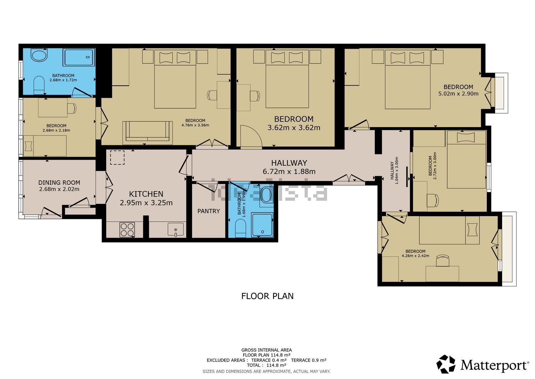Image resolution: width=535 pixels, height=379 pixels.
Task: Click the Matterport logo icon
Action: click(446, 364)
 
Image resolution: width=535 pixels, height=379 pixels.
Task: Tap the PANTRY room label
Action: click(209, 211)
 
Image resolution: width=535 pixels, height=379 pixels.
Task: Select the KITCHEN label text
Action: click(146, 194)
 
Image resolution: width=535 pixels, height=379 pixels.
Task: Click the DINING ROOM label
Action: click(59, 183)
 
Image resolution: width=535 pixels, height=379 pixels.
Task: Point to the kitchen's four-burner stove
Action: click(127, 230)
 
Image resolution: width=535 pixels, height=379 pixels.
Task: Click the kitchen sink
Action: click(176, 229)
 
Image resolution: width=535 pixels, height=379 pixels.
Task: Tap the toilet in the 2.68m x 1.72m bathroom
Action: click(39, 85)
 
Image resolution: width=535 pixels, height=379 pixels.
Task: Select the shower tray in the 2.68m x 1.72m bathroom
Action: click(79, 57)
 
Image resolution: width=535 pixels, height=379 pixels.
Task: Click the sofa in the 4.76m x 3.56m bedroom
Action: click(148, 133)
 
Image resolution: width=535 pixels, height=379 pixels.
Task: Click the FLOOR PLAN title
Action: click(267, 296)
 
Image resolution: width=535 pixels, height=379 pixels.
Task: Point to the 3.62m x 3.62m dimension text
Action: click(294, 128)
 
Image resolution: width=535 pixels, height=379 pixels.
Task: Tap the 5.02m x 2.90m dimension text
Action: click(458, 94)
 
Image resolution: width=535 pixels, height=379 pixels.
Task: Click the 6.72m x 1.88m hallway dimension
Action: click(289, 171)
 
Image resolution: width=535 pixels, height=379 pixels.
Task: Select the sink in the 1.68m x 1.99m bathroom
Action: click(266, 195)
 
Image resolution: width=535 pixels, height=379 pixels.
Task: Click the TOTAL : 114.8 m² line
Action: click(266, 365)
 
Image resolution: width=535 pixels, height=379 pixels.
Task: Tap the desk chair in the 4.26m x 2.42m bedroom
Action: click(443, 260)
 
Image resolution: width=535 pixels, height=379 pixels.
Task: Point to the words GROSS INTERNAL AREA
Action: click(266, 350)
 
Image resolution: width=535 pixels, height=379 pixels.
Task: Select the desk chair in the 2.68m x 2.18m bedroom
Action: click(72, 108)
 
